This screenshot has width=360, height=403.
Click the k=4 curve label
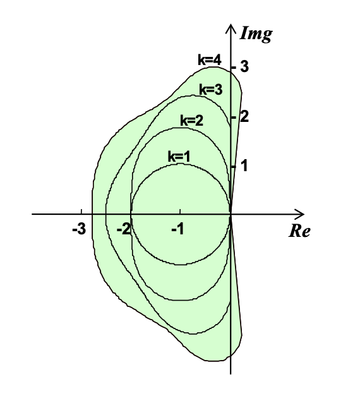click(x=210, y=60)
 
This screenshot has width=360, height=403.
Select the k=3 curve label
click(x=211, y=90)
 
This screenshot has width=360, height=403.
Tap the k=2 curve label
click(x=192, y=120)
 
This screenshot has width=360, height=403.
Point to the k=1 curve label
click(x=179, y=157)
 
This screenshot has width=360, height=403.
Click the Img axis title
click(x=256, y=34)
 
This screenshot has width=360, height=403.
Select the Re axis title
click(x=299, y=231)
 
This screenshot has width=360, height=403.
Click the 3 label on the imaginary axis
click(x=244, y=66)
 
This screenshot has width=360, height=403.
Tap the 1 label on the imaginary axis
click(x=244, y=165)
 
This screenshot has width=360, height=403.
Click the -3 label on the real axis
click(x=79, y=229)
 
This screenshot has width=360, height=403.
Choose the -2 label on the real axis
click(x=124, y=229)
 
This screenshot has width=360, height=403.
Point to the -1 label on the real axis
click(x=178, y=229)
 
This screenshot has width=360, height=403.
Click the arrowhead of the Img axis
click(x=231, y=28)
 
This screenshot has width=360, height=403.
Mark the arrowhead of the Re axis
click(x=300, y=214)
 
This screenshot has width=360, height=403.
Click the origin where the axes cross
click(x=231, y=214)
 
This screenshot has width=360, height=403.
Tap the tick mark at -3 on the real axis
click(x=81, y=212)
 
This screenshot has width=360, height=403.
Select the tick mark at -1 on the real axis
click(x=180, y=212)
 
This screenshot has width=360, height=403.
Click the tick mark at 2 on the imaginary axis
click(x=233, y=117)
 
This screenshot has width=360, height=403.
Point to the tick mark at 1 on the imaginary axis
click(x=233, y=167)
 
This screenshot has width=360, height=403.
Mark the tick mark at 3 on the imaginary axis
click(x=233, y=68)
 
